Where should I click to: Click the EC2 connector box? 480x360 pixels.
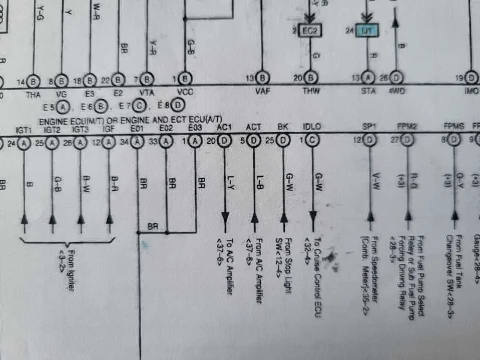[310, 31]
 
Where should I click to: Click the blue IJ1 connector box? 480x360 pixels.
[367, 31]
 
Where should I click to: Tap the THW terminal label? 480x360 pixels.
[311, 92]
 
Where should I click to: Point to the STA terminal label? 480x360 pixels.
[368, 91]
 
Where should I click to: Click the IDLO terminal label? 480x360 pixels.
[312, 128]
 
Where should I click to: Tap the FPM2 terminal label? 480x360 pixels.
[407, 128]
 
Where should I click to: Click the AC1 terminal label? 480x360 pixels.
[224, 128]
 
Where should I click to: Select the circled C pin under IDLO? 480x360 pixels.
[312, 141]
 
